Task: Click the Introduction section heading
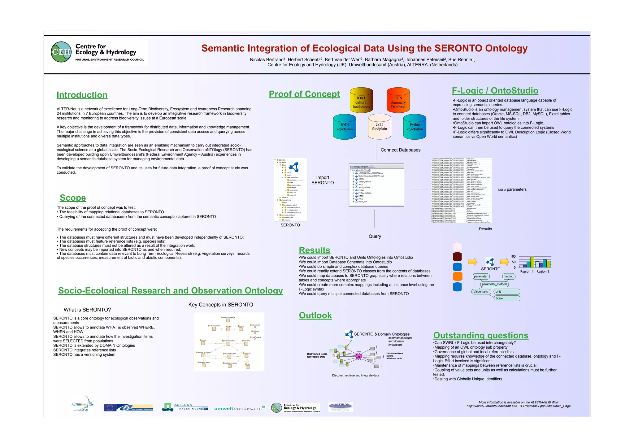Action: tap(82, 95)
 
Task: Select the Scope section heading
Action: tap(73, 198)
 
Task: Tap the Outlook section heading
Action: tap(315, 315)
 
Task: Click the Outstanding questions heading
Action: tap(481, 336)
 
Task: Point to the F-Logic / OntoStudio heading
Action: tap(495, 91)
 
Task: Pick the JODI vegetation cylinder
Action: tap(345, 127)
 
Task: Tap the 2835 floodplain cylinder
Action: tap(380, 127)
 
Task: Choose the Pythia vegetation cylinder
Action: tap(415, 127)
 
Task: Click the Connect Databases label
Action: tap(401, 150)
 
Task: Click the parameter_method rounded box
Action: tap(494, 284)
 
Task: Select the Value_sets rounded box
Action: tap(480, 292)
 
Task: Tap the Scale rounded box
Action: tap(507, 298)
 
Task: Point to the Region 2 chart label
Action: tap(543, 272)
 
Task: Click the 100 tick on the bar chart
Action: tap(513, 257)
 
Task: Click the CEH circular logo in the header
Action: tap(61, 52)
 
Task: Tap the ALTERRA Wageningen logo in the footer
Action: tap(185, 407)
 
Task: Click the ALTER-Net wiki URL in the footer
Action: tap(519, 406)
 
